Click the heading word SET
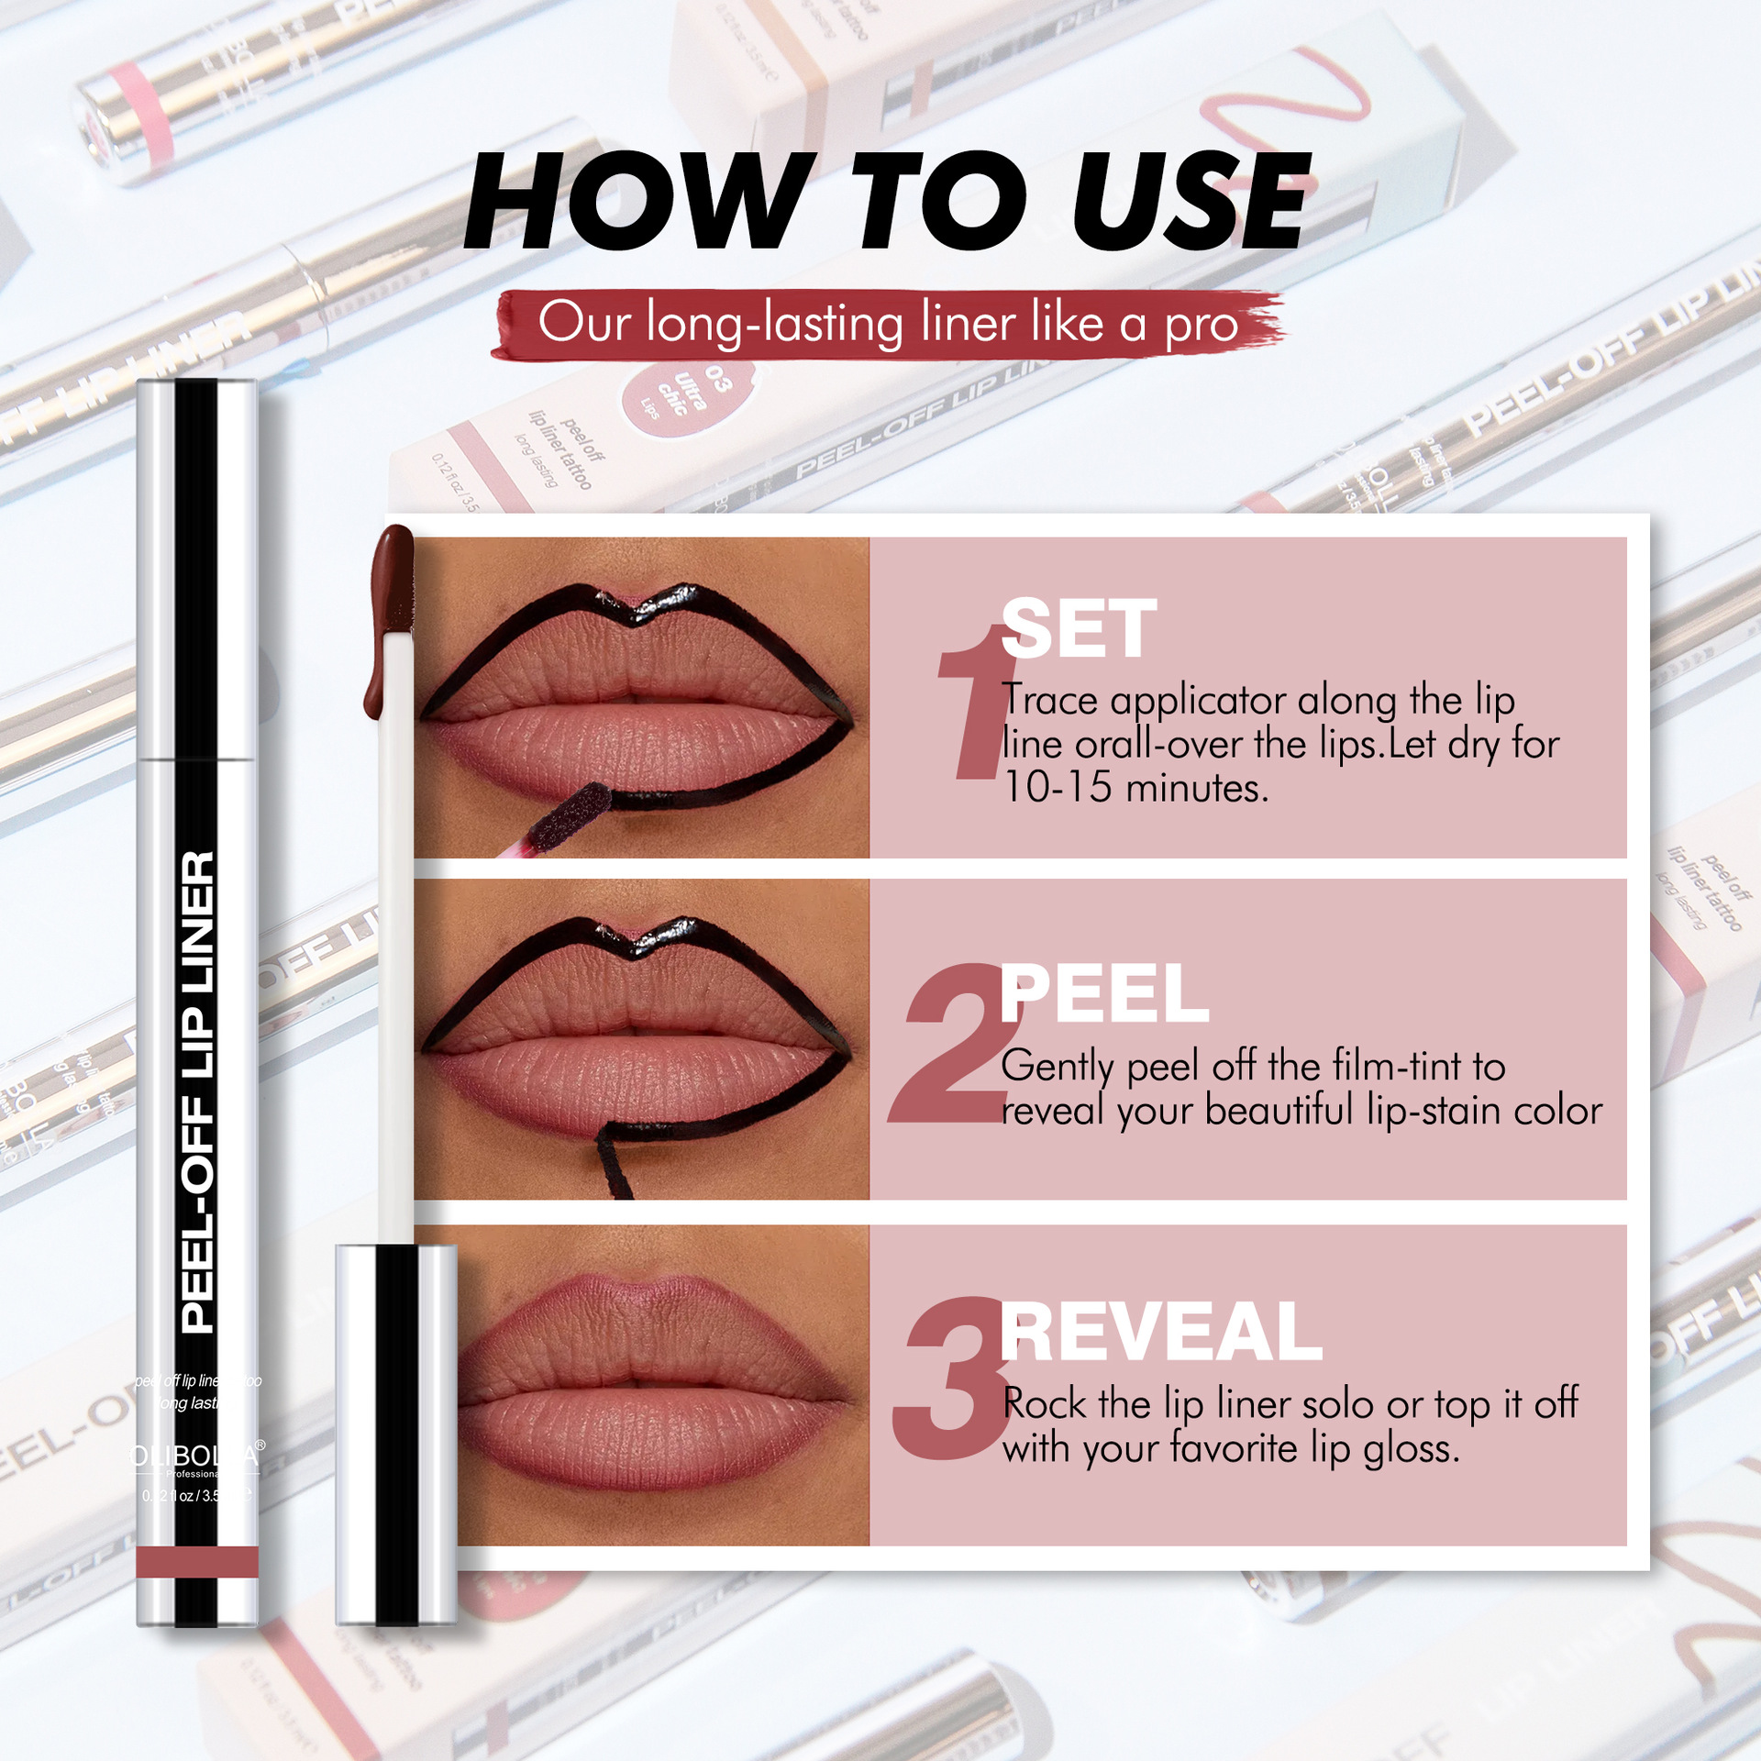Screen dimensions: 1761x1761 [x=1079, y=629]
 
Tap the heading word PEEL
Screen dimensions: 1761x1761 [x=1103, y=994]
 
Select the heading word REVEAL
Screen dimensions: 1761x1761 [x=1160, y=1333]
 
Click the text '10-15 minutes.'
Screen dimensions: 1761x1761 [x=1135, y=788]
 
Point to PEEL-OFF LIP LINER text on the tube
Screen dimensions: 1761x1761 [x=197, y=1091]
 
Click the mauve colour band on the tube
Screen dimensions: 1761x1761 [x=197, y=1561]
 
